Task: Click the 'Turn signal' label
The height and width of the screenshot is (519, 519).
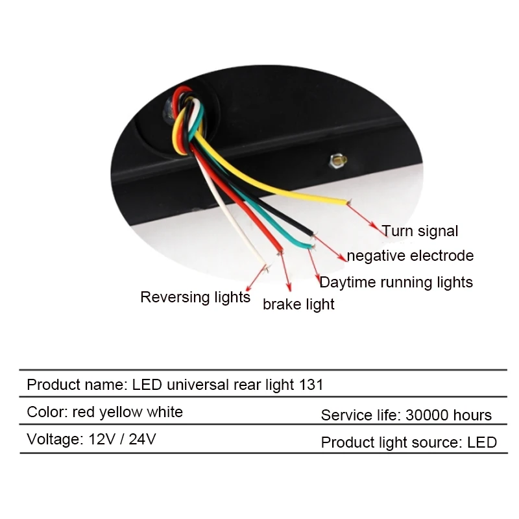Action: tap(420, 231)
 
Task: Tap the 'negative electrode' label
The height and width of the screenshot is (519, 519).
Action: tap(410, 256)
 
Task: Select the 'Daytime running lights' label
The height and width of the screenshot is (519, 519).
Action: tap(396, 282)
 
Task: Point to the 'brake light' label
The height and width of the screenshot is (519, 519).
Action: tap(298, 304)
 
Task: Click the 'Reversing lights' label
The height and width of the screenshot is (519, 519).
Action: tap(195, 298)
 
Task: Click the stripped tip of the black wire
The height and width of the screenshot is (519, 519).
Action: tap(313, 234)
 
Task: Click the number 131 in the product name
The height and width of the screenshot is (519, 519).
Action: tap(311, 385)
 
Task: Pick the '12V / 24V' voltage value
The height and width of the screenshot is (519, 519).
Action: tap(119, 439)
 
